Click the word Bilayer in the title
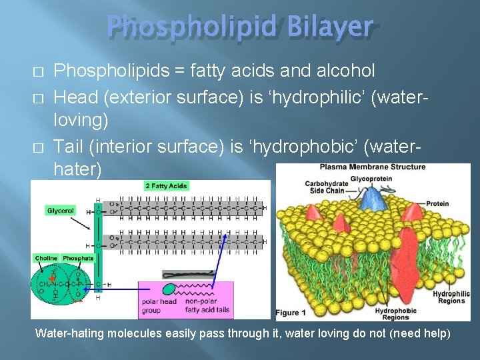pos(332,27)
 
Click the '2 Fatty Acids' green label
pos(166,186)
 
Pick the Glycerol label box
pos(61,211)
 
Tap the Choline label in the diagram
pos(46,258)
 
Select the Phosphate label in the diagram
pos(78,258)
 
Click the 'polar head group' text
pos(159,305)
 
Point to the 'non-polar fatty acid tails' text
pos(207,305)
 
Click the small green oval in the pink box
pos(169,289)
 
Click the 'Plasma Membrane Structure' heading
pos(372,167)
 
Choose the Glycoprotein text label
pos(371,178)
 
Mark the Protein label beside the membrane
pos(437,204)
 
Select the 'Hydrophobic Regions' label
pos(395,313)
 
